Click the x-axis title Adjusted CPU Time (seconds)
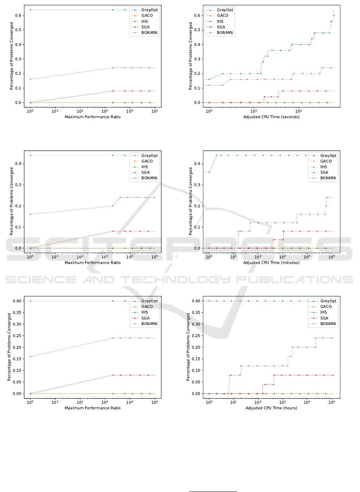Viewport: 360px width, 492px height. pyautogui.click(x=271, y=117)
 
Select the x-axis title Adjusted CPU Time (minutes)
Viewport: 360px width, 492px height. pyautogui.click(x=271, y=263)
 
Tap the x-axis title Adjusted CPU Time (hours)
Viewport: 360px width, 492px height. pyautogui.click(x=271, y=408)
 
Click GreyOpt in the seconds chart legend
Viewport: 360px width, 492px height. pyautogui.click(x=227, y=10)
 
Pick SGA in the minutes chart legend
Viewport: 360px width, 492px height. pyautogui.click(x=326, y=173)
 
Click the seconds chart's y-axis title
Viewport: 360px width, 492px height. pyautogui.click(x=190, y=56)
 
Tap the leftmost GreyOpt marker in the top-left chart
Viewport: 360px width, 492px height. pyautogui.click(x=30, y=10)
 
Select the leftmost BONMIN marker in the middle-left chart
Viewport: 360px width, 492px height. pyautogui.click(x=30, y=214)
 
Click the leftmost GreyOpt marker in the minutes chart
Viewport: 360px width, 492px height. pyautogui.click(x=209, y=172)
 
